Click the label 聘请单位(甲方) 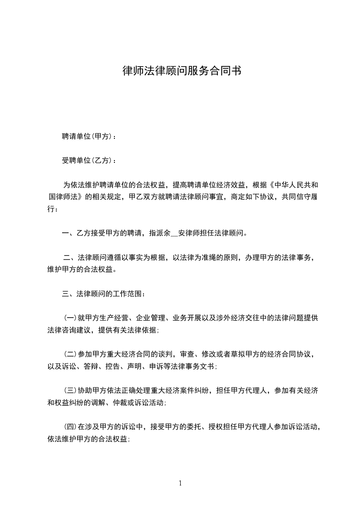tap(88, 136)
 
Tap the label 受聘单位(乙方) tap(88, 161)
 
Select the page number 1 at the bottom tap(180, 483)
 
